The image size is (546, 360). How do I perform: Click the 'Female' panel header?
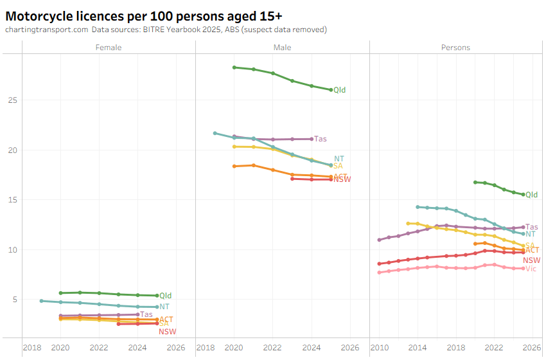tap(109, 48)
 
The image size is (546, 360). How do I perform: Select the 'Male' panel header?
tap(283, 48)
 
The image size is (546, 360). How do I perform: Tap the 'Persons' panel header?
tap(455, 48)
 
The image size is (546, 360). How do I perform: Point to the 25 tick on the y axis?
tap(12, 100)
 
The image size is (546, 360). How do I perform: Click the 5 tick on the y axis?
tap(15, 300)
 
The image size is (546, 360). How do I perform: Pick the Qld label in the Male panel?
tap(339, 91)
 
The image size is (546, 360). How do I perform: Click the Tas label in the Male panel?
tap(320, 139)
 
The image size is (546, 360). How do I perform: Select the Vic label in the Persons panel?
tap(531, 269)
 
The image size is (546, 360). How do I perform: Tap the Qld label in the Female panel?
tap(166, 296)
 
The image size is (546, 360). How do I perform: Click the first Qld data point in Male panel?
tap(234, 67)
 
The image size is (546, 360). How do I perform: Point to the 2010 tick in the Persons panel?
tap(379, 348)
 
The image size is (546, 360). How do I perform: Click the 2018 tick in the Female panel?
tap(32, 348)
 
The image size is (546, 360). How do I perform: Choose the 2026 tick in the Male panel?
tap(350, 348)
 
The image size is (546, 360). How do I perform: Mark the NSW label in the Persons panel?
tap(531, 260)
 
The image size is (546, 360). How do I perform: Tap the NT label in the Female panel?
tap(164, 307)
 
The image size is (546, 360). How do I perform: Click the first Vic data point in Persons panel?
tap(379, 273)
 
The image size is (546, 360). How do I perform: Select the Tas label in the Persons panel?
tap(532, 227)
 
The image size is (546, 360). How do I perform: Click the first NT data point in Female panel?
tap(41, 301)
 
